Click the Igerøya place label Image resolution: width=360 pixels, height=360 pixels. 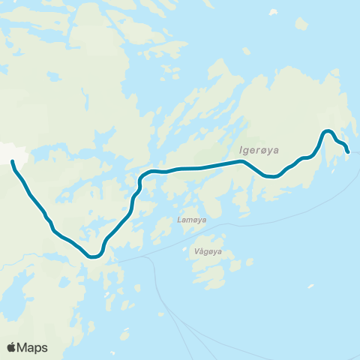(258, 150)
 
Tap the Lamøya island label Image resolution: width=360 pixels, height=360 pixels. (192, 220)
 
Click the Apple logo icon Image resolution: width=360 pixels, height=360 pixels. (12, 347)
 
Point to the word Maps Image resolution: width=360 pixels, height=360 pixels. (33, 347)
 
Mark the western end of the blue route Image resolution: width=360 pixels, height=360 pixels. (13, 160)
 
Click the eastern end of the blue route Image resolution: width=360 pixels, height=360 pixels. (349, 152)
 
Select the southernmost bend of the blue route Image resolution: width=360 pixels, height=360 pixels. (94, 256)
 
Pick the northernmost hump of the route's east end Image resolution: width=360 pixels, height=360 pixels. (328, 131)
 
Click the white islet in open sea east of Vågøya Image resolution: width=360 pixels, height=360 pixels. (310, 286)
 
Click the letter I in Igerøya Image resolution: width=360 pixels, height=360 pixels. (240, 150)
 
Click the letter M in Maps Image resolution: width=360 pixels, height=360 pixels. (22, 347)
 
